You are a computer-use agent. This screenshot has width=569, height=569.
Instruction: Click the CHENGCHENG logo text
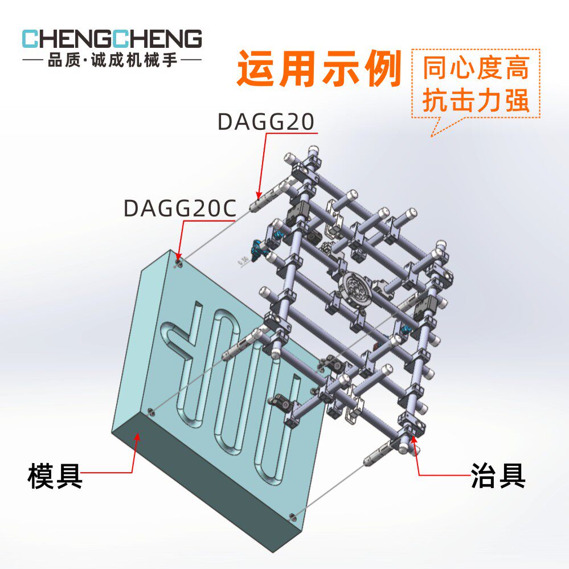point(112,39)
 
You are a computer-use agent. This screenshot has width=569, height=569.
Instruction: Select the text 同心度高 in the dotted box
point(476,68)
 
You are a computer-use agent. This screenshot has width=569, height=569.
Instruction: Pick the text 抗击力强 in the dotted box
point(476,100)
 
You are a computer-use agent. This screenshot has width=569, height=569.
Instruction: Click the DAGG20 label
point(265,121)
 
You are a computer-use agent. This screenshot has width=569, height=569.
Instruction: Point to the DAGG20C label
point(180,208)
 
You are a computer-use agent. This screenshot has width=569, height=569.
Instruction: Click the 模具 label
point(55,476)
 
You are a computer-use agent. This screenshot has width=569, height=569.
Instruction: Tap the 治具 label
point(498,476)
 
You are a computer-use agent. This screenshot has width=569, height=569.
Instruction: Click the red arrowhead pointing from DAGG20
point(259,195)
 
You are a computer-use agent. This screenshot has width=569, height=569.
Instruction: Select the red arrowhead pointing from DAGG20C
point(178,256)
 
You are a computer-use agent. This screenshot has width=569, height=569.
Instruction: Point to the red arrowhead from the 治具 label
point(414,440)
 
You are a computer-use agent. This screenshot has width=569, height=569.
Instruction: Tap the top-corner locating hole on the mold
point(178,263)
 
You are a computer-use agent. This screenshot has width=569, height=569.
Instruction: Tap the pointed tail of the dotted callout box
point(432,136)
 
